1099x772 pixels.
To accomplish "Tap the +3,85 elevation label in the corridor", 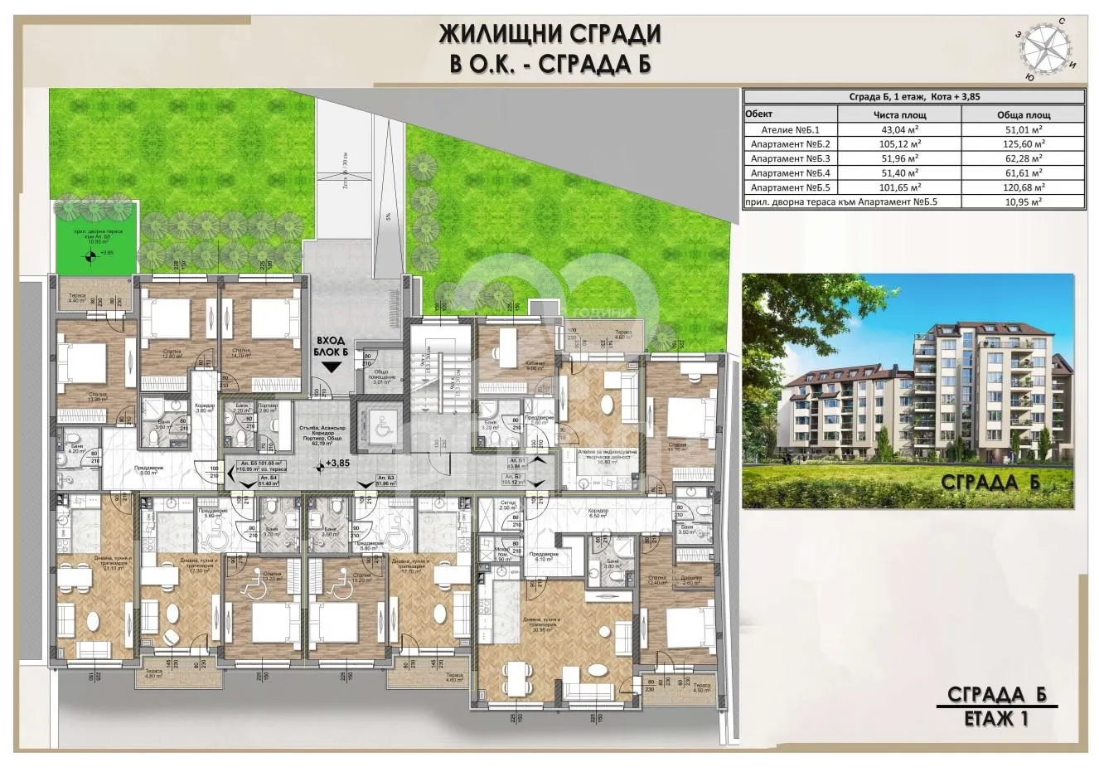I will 338,463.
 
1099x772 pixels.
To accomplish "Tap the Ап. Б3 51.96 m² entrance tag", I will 385,481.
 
